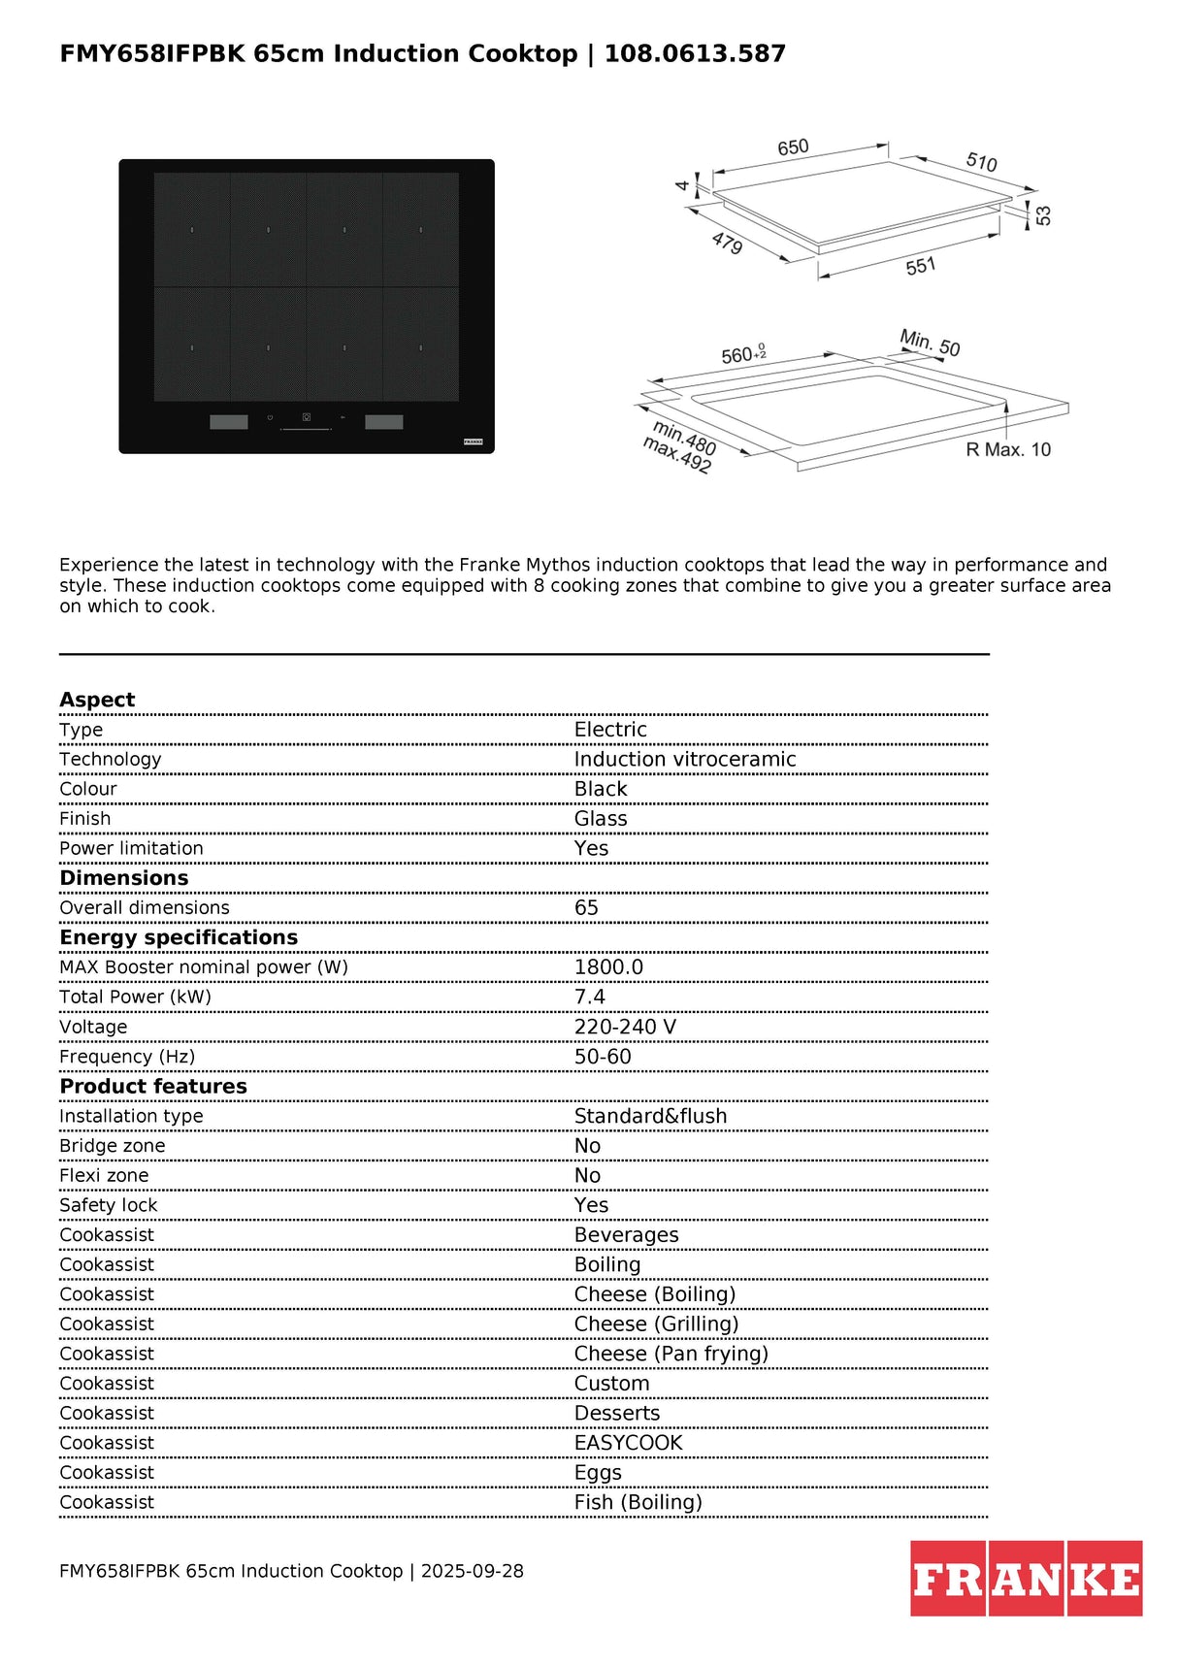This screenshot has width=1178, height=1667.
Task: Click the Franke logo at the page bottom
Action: pyautogui.click(x=1026, y=1580)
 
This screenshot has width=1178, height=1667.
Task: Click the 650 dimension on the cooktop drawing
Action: pyautogui.click(x=793, y=147)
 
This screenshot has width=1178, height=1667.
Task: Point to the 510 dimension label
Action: pyautogui.click(x=981, y=162)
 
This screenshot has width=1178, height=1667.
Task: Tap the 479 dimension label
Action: pyautogui.click(x=727, y=243)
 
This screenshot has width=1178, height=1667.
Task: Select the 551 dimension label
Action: pyautogui.click(x=920, y=266)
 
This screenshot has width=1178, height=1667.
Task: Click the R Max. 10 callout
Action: pyautogui.click(x=1008, y=450)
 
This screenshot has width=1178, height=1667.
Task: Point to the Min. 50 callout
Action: pyautogui.click(x=930, y=343)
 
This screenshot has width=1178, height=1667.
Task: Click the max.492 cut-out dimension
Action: pyautogui.click(x=676, y=456)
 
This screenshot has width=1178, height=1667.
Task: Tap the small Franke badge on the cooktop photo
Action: pyautogui.click(x=473, y=441)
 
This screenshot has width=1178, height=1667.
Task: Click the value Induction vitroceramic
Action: pyautogui.click(x=684, y=760)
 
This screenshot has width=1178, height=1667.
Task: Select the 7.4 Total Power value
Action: pyautogui.click(x=589, y=997)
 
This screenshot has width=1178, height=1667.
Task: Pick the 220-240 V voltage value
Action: pyautogui.click(x=625, y=1028)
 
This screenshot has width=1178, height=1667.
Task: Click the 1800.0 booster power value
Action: pyautogui.click(x=608, y=967)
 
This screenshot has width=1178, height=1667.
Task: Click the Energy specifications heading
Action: pyautogui.click(x=179, y=938)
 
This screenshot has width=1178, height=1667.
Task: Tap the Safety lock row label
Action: pyautogui.click(x=108, y=1206)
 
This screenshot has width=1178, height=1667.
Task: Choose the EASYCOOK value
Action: pyautogui.click(x=628, y=1444)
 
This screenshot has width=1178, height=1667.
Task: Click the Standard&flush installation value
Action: pyautogui.click(x=650, y=1117)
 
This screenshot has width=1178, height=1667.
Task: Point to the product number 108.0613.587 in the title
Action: pyautogui.click(x=695, y=53)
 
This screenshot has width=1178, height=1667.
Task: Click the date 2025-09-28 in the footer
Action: pyautogui.click(x=472, y=1572)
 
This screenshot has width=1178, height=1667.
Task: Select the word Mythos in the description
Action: pyautogui.click(x=558, y=565)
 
